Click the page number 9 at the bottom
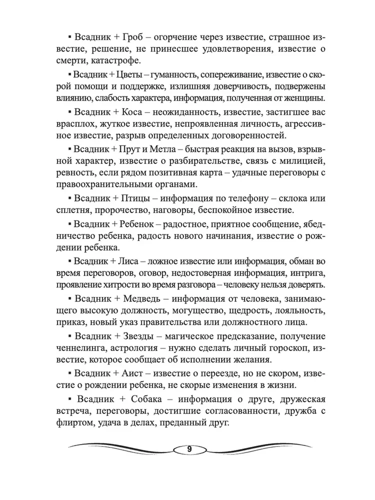pyautogui.click(x=189, y=448)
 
